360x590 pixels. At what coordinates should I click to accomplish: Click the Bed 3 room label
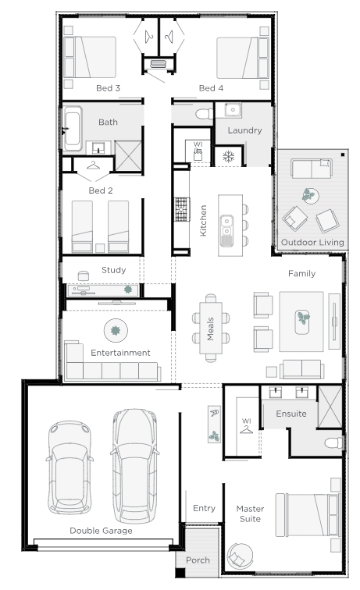108,88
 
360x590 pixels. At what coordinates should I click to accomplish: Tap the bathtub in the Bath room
73,129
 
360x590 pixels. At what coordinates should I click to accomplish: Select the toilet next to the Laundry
204,113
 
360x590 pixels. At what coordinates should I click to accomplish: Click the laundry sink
233,110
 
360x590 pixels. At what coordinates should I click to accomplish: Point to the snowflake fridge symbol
228,156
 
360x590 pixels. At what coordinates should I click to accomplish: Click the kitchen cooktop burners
181,209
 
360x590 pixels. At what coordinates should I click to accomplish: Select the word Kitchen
203,221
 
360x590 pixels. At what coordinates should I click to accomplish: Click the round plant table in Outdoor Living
310,196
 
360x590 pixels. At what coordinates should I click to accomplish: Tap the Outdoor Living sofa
312,169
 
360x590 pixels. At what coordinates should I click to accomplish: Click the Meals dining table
211,328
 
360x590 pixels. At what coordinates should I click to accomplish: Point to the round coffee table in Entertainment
116,331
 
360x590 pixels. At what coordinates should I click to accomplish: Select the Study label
114,270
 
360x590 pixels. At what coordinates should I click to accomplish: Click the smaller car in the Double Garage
70,467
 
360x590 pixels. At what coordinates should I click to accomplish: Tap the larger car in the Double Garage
134,466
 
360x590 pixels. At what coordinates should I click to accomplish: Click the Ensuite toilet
334,442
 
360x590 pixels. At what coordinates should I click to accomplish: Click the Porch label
198,560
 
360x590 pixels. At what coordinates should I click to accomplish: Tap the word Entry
204,508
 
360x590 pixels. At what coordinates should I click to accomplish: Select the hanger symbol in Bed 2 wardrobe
93,165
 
